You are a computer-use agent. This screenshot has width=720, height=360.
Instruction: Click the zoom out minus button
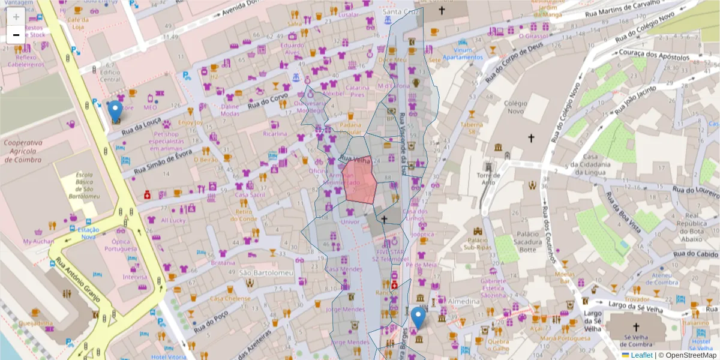click(16, 35)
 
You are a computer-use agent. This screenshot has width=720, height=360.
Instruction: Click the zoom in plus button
click(16, 17)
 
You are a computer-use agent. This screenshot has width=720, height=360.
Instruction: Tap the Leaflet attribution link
click(641, 355)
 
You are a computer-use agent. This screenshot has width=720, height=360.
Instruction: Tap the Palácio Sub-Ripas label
click(479, 246)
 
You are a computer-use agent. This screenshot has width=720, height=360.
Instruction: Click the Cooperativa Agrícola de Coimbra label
click(22, 151)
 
